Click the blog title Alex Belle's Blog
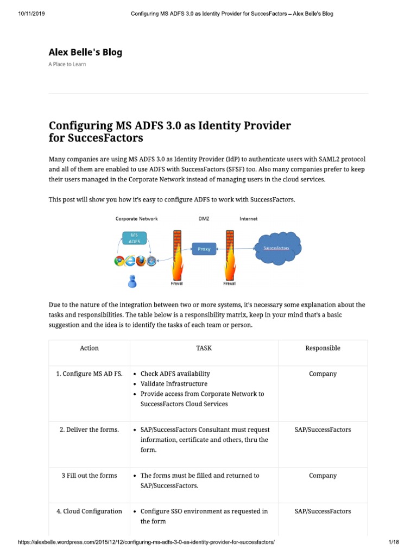coord(85,52)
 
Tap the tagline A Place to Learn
coord(67,64)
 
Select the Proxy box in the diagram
coord(204,249)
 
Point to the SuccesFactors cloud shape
coord(276,248)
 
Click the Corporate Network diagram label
coord(137,219)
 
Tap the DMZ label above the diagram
coord(204,219)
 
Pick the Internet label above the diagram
coord(249,219)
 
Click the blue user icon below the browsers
coord(131,281)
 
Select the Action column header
coord(89,348)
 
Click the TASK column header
coord(204,348)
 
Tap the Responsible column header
coord(323,348)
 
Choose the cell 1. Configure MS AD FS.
coord(89,374)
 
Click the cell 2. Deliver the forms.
coord(89,429)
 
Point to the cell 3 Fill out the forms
coord(89,476)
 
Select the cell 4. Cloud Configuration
coord(89,511)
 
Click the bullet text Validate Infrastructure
coord(174,384)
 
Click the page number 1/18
coord(394,543)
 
